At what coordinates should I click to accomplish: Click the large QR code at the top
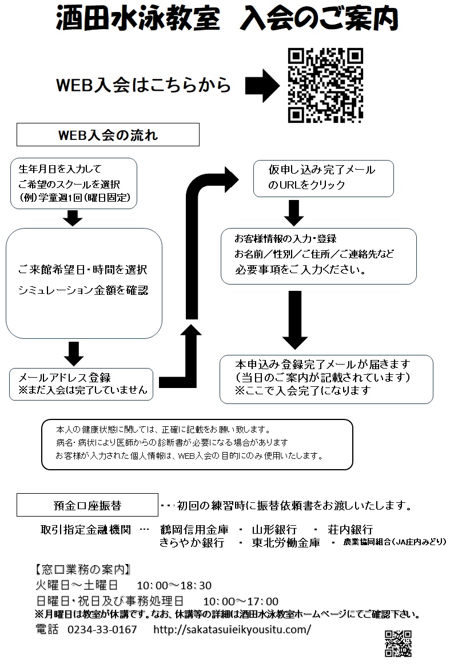coord(325,86)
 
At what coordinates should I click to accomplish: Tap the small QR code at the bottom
coord(398,643)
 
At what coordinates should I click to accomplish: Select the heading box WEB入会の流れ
coord(108,136)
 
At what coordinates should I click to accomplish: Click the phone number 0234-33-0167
coord(102,629)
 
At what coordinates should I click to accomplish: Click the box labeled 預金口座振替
coord(87,506)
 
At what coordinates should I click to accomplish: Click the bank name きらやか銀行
coord(192,543)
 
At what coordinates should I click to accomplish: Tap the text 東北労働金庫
coord(286,543)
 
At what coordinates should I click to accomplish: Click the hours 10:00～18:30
coord(174,586)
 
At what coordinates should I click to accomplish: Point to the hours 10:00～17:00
coord(241,601)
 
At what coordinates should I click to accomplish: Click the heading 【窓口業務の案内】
coord(83,570)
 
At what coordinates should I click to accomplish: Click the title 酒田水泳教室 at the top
coord(138,21)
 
